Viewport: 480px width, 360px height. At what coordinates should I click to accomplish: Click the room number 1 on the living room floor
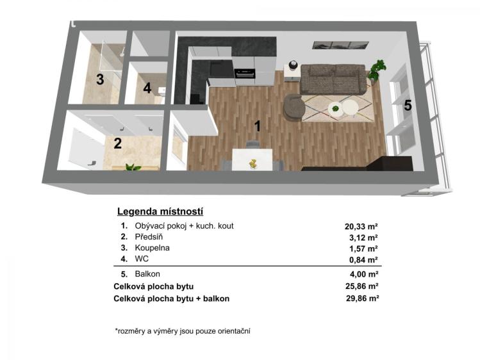(x=258, y=126)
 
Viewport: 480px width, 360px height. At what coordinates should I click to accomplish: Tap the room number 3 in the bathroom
(x=100, y=79)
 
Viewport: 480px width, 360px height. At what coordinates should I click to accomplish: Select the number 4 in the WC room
(x=147, y=88)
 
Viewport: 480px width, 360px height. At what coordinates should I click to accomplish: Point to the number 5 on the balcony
(x=408, y=106)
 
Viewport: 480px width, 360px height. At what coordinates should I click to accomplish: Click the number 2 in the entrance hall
(x=117, y=143)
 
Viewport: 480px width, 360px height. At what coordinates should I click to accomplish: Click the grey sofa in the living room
(x=333, y=79)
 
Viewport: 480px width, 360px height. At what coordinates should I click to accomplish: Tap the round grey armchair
(x=294, y=107)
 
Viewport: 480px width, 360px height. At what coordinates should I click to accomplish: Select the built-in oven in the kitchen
(x=245, y=74)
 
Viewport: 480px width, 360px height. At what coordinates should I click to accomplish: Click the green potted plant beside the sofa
(x=377, y=71)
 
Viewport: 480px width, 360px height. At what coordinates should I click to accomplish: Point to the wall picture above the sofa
(x=340, y=45)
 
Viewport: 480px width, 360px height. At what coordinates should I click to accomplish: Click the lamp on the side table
(x=293, y=65)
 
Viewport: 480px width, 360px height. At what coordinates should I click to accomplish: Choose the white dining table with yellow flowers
(x=252, y=160)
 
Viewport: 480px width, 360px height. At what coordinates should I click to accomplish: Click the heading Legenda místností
(x=160, y=211)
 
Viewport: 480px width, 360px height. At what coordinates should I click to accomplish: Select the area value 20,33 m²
(x=361, y=226)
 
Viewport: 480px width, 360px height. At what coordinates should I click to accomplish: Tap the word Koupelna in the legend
(x=152, y=248)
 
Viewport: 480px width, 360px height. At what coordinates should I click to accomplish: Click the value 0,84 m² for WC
(x=363, y=259)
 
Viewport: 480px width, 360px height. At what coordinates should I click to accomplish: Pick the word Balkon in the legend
(x=147, y=274)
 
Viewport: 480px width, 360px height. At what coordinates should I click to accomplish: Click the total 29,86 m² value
(x=363, y=299)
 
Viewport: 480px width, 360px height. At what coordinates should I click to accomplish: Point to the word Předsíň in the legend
(x=149, y=237)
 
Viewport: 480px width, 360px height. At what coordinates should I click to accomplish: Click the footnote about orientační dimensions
(x=183, y=331)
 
